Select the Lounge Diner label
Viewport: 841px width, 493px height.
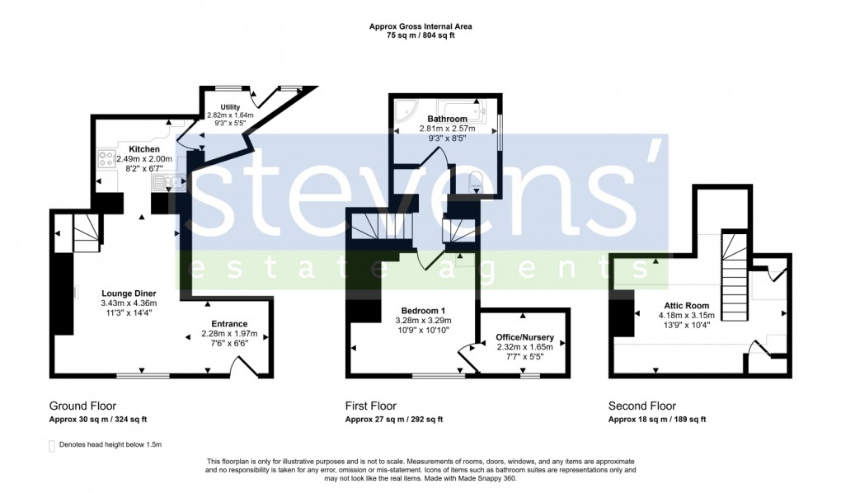[x=129, y=293]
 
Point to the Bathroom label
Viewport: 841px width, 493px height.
[x=447, y=119]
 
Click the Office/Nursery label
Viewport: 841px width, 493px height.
[x=524, y=338]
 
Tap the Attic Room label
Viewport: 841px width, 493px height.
[x=684, y=305]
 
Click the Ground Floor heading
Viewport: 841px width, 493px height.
[x=82, y=406]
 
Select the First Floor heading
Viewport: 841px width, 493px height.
[x=370, y=406]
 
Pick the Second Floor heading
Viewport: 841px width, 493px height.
[x=641, y=406]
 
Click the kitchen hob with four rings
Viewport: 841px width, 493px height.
[x=107, y=157]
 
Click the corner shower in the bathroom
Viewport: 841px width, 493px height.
[x=406, y=115]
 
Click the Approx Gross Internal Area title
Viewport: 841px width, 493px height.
[x=420, y=26]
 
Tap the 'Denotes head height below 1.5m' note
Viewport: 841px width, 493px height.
[x=110, y=444]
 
